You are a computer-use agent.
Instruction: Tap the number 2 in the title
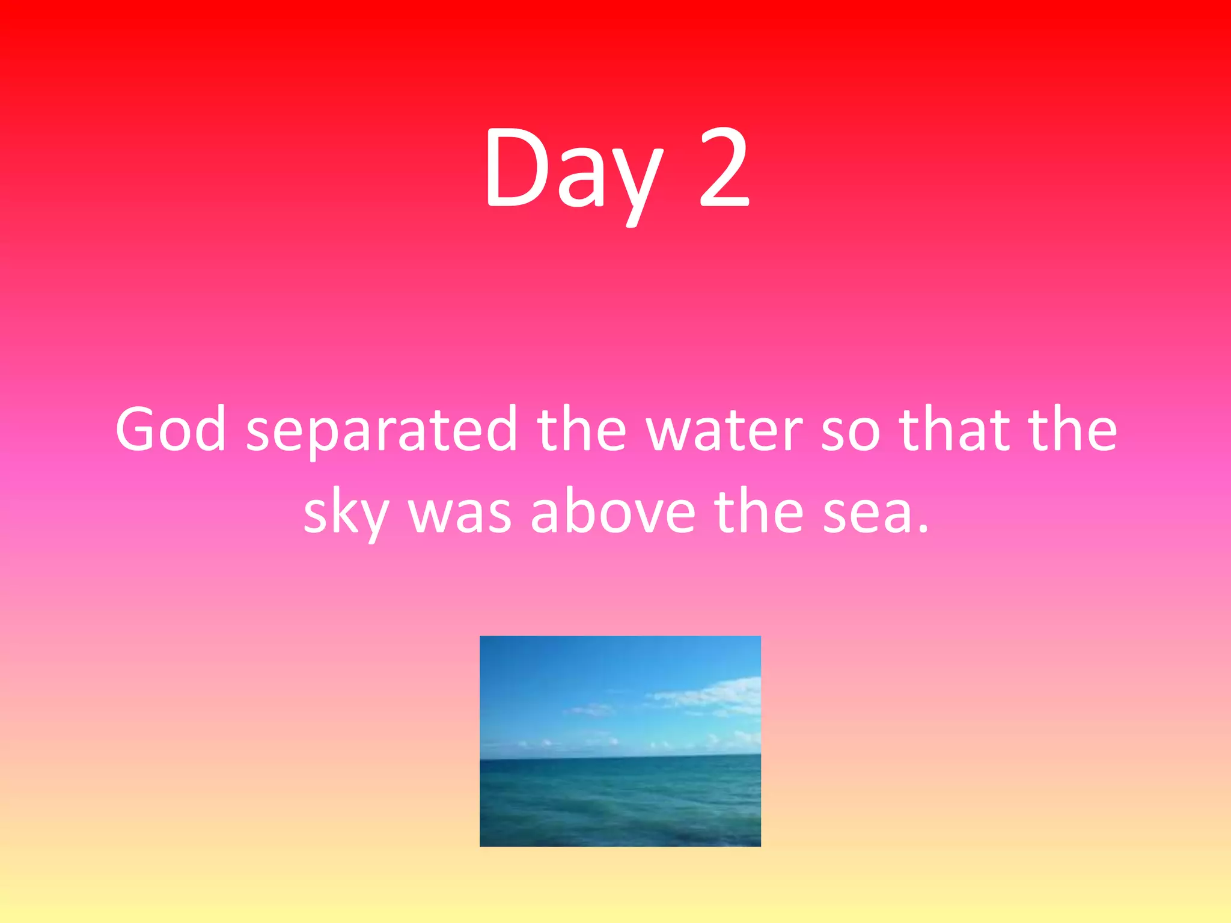click(x=724, y=168)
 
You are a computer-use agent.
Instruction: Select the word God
click(x=171, y=429)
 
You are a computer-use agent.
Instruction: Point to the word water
click(x=724, y=430)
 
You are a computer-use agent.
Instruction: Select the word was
click(x=460, y=514)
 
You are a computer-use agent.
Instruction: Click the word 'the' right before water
click(x=581, y=429)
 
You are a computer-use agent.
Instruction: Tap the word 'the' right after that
click(x=1072, y=429)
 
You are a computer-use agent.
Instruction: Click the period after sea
click(x=923, y=529)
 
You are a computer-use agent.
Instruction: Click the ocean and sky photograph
click(x=620, y=740)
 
